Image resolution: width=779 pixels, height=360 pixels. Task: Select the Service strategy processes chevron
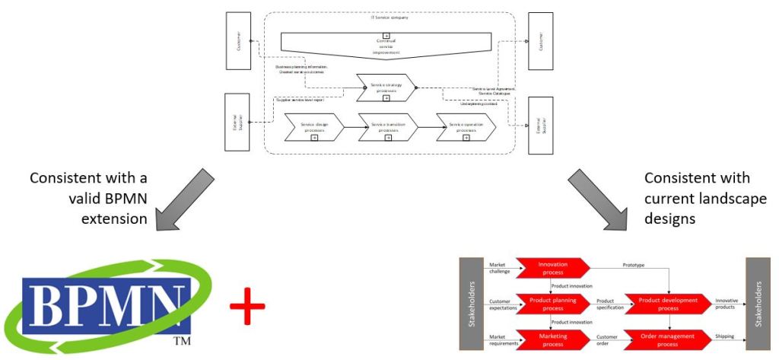point(386,88)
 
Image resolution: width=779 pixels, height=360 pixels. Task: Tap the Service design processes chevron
point(313,126)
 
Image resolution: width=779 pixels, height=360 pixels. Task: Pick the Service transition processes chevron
point(388,126)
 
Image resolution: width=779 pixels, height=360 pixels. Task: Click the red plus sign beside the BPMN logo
point(247,308)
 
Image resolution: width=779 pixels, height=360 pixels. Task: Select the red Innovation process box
point(552,267)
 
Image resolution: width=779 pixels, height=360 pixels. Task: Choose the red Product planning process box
point(552,304)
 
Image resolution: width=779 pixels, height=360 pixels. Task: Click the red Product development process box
point(668,304)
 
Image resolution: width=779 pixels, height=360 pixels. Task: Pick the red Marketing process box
point(552,339)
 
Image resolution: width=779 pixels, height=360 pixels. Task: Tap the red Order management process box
point(668,339)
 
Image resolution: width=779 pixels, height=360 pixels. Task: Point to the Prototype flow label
point(633,265)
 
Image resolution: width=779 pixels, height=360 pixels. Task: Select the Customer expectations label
point(500,304)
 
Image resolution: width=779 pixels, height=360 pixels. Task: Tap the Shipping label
point(724,336)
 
